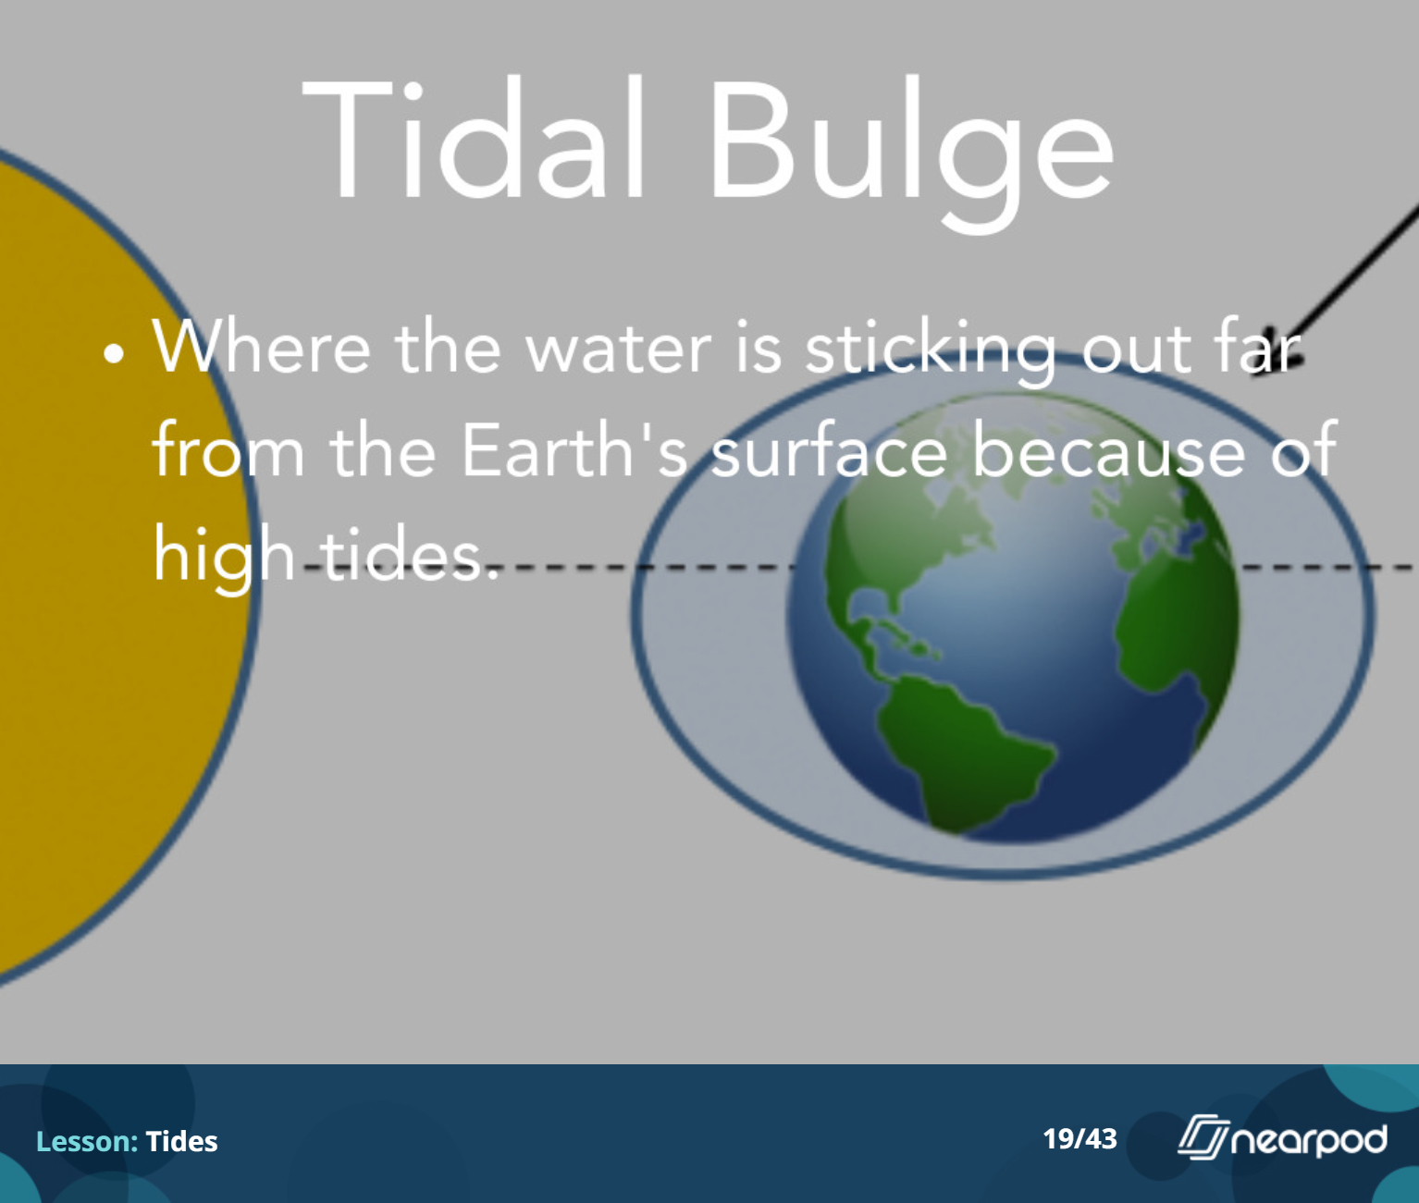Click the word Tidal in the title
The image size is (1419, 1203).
[x=474, y=140]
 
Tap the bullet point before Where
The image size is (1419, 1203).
[x=114, y=353]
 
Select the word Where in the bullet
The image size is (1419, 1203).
[x=261, y=347]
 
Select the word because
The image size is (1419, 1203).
[x=1109, y=449]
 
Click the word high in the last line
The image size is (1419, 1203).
[x=223, y=555]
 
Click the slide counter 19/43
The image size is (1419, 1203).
[x=1080, y=1138]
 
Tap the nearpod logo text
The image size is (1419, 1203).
[x=1309, y=1140]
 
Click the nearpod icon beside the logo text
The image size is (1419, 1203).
[x=1203, y=1137]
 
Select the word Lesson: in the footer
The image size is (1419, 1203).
[x=87, y=1141]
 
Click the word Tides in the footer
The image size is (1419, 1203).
[x=182, y=1141]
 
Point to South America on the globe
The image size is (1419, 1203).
[x=961, y=748]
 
